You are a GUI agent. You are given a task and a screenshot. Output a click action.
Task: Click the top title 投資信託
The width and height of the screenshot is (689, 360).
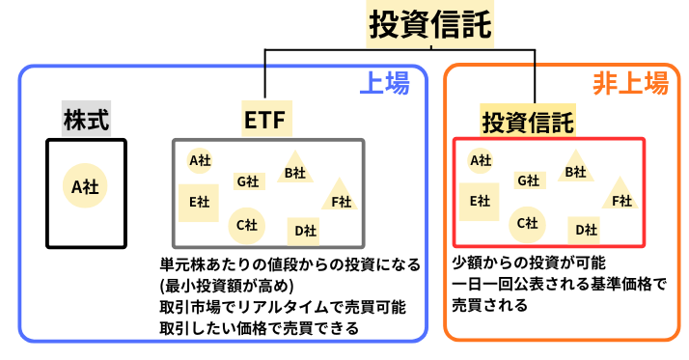click(429, 24)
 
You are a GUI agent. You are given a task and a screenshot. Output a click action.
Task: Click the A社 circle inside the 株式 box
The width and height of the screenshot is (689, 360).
click(86, 187)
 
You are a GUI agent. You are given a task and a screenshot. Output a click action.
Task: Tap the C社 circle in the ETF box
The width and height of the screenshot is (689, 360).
click(246, 224)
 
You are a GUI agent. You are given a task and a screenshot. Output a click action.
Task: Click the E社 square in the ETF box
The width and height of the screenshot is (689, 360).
click(199, 202)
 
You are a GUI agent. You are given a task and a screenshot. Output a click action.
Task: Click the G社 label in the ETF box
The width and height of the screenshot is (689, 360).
click(248, 180)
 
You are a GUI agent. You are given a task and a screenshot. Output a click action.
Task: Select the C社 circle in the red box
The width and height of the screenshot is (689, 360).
click(526, 223)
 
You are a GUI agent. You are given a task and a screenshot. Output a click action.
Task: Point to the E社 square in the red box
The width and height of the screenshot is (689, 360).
click(479, 201)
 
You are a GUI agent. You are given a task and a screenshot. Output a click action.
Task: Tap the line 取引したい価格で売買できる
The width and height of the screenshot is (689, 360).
click(259, 328)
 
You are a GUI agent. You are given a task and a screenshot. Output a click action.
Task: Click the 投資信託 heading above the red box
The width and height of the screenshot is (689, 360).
click(527, 123)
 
